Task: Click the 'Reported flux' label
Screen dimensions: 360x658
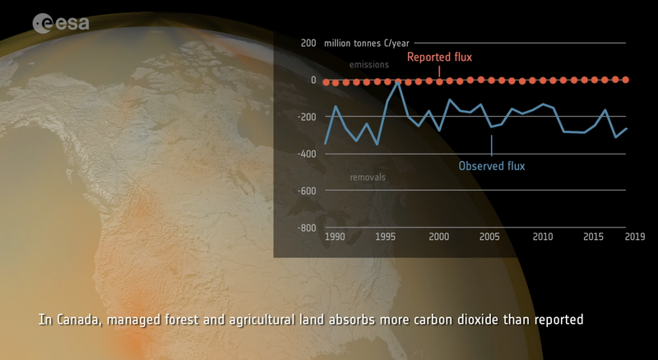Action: (439, 58)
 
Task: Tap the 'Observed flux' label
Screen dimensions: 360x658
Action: (491, 166)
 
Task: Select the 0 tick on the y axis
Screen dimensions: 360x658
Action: (313, 80)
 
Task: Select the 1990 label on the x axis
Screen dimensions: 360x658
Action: (334, 238)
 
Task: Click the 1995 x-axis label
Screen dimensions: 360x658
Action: (387, 238)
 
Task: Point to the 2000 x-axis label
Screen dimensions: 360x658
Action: (438, 238)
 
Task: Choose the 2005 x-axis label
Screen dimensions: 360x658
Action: (489, 238)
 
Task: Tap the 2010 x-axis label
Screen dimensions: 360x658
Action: (543, 238)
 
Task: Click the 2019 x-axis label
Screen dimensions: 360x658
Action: (634, 238)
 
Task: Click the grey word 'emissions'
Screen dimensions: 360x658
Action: (369, 64)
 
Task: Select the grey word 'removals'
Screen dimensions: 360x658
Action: (368, 177)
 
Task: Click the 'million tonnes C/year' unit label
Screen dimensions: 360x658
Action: (367, 44)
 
